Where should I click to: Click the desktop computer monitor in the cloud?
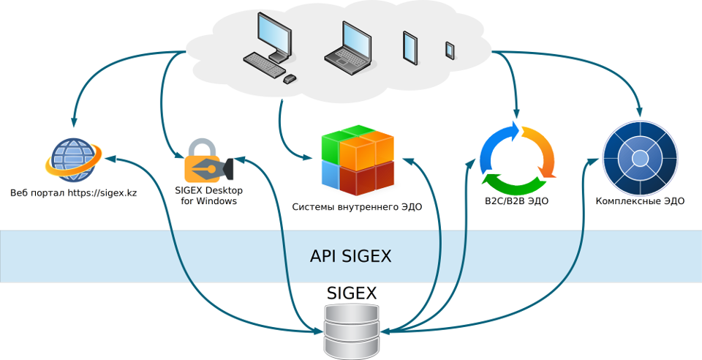click(274, 36)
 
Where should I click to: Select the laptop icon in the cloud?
click(349, 45)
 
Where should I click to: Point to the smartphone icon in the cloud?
click(450, 50)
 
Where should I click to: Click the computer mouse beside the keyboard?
click(290, 78)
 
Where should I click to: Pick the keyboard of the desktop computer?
click(263, 64)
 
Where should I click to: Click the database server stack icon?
click(352, 331)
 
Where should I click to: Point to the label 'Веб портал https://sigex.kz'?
click(73, 194)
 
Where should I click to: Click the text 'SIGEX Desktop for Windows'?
click(208, 195)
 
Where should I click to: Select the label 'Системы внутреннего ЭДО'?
click(357, 207)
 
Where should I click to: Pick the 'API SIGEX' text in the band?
click(350, 256)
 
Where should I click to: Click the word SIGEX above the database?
click(352, 293)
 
